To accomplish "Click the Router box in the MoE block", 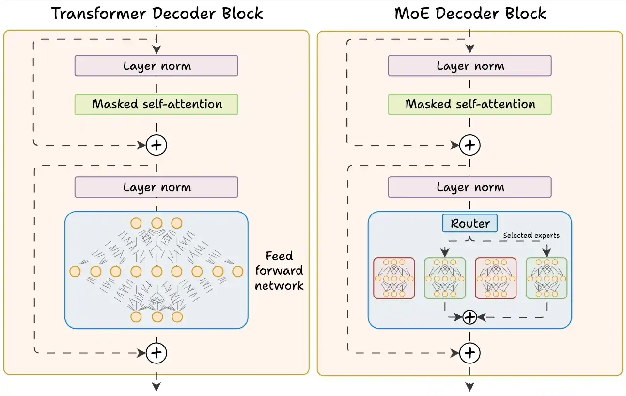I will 469,223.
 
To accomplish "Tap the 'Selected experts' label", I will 531,235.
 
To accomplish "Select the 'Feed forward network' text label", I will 279,271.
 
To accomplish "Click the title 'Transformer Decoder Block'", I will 157,13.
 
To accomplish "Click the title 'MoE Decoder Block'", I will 470,13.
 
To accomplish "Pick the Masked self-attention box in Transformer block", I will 156,104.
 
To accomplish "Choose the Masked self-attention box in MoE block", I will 469,104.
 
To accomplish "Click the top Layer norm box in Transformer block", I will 156,66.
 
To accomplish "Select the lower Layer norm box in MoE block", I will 469,187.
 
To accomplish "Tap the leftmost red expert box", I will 394,278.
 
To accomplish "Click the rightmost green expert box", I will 547,278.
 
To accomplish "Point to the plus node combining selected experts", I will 469,317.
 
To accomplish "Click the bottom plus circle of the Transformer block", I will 156,353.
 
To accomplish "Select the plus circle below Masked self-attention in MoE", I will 469,145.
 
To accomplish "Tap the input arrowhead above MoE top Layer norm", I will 469,49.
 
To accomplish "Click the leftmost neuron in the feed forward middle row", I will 75,271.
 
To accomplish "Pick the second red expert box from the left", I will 496,278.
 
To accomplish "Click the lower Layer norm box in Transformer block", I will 156,187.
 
